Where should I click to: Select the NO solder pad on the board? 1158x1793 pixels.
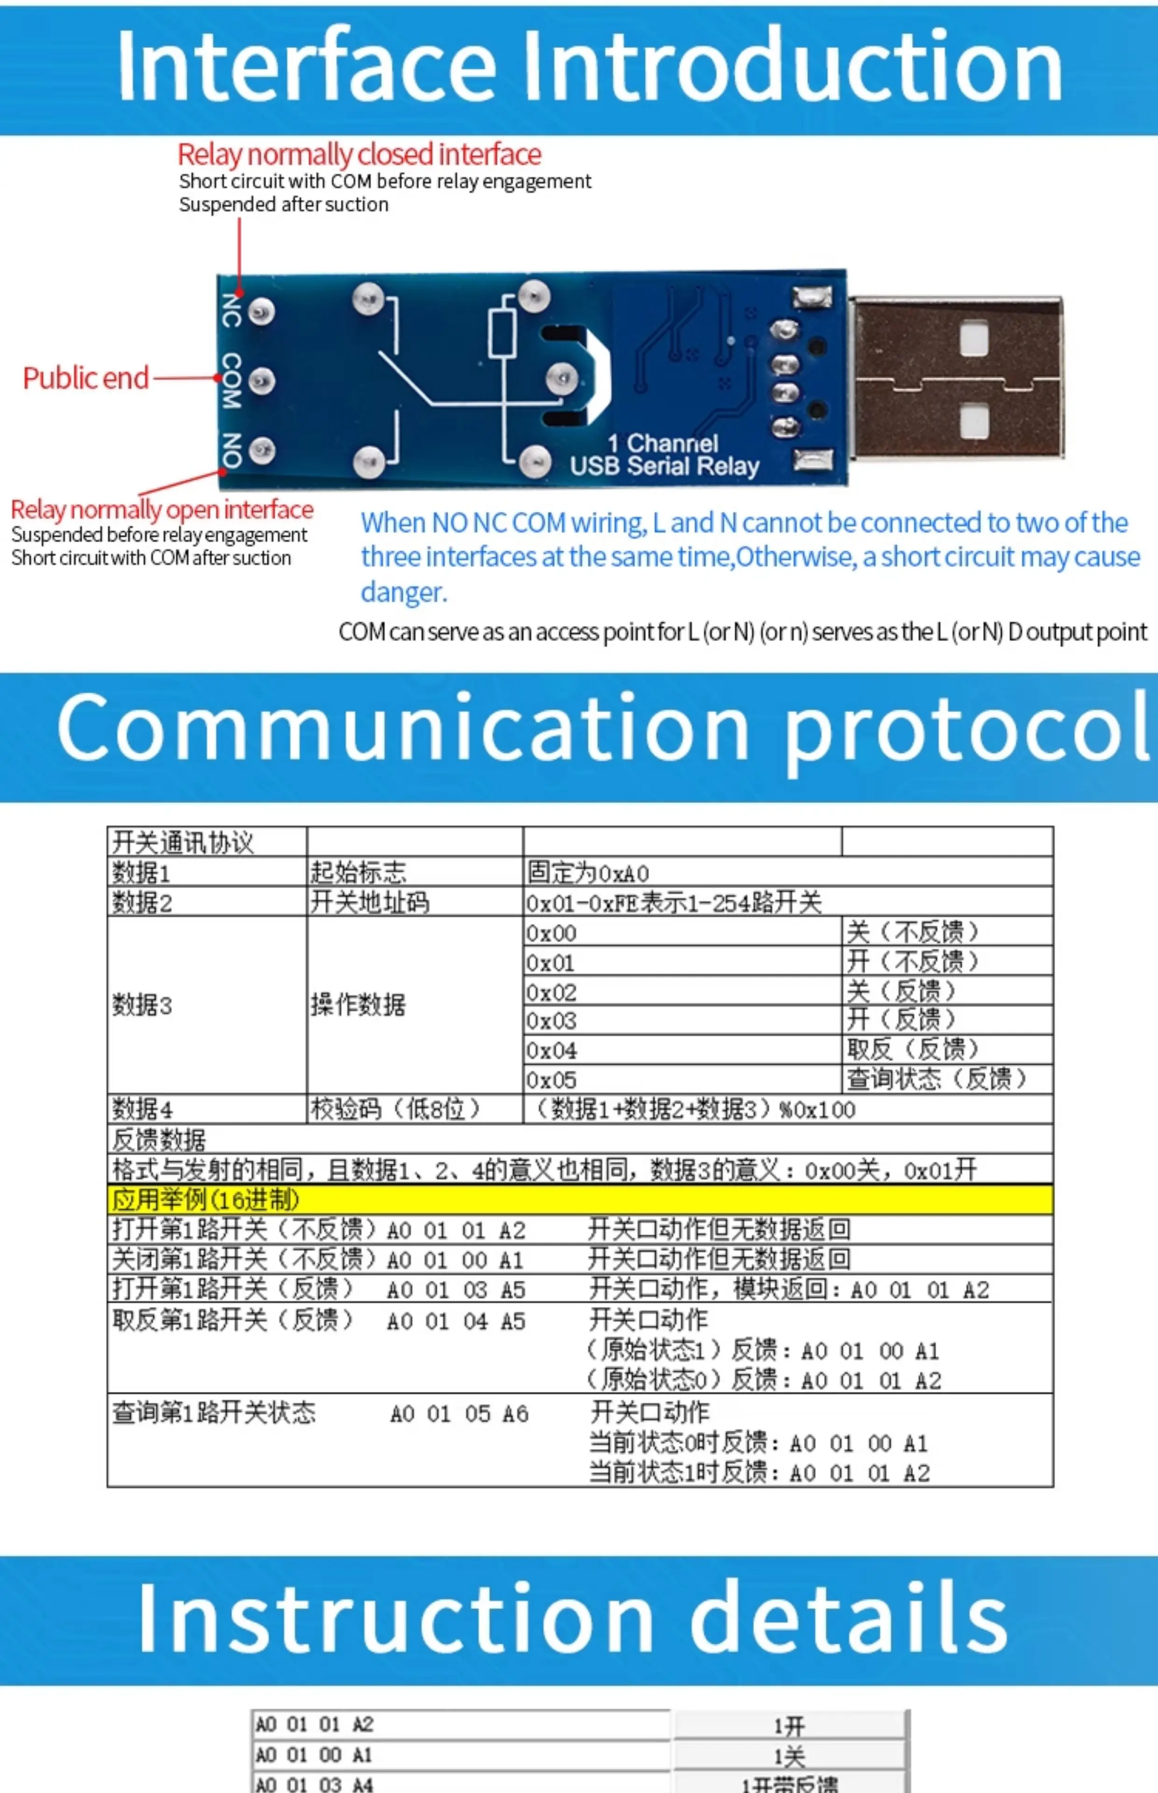[261, 450]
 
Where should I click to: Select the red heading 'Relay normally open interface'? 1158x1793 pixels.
[162, 510]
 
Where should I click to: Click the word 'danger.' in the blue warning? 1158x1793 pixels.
[404, 593]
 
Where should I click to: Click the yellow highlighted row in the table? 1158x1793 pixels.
[579, 1199]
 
